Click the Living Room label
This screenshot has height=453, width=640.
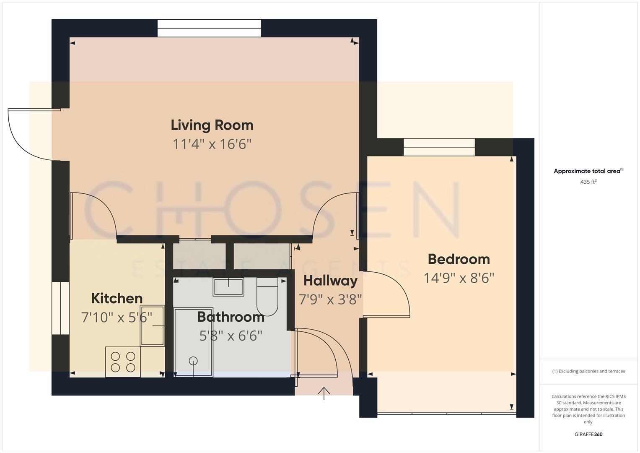click(x=212, y=125)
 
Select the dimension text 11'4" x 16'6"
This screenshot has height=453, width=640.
click(x=212, y=144)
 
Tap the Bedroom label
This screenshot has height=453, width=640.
click(x=459, y=259)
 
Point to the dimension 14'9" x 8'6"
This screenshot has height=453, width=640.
click(x=459, y=278)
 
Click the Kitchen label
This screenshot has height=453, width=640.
click(x=117, y=298)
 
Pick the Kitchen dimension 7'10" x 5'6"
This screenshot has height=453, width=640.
click(x=117, y=317)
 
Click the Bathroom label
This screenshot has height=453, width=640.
click(x=231, y=317)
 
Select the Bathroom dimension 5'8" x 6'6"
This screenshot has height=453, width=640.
click(x=231, y=336)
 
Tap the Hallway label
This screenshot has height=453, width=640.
click(x=330, y=281)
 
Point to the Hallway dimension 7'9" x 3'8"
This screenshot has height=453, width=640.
click(x=330, y=299)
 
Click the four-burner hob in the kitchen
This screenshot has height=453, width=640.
click(x=123, y=362)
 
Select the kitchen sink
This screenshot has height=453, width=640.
click(x=152, y=325)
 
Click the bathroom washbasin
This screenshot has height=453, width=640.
click(x=228, y=287)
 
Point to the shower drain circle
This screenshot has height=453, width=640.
click(x=193, y=360)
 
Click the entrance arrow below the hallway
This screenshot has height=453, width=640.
click(x=324, y=393)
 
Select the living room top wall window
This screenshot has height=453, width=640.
click(x=209, y=28)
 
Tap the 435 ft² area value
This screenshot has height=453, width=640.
click(x=588, y=182)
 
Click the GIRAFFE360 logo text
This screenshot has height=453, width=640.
click(x=588, y=434)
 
